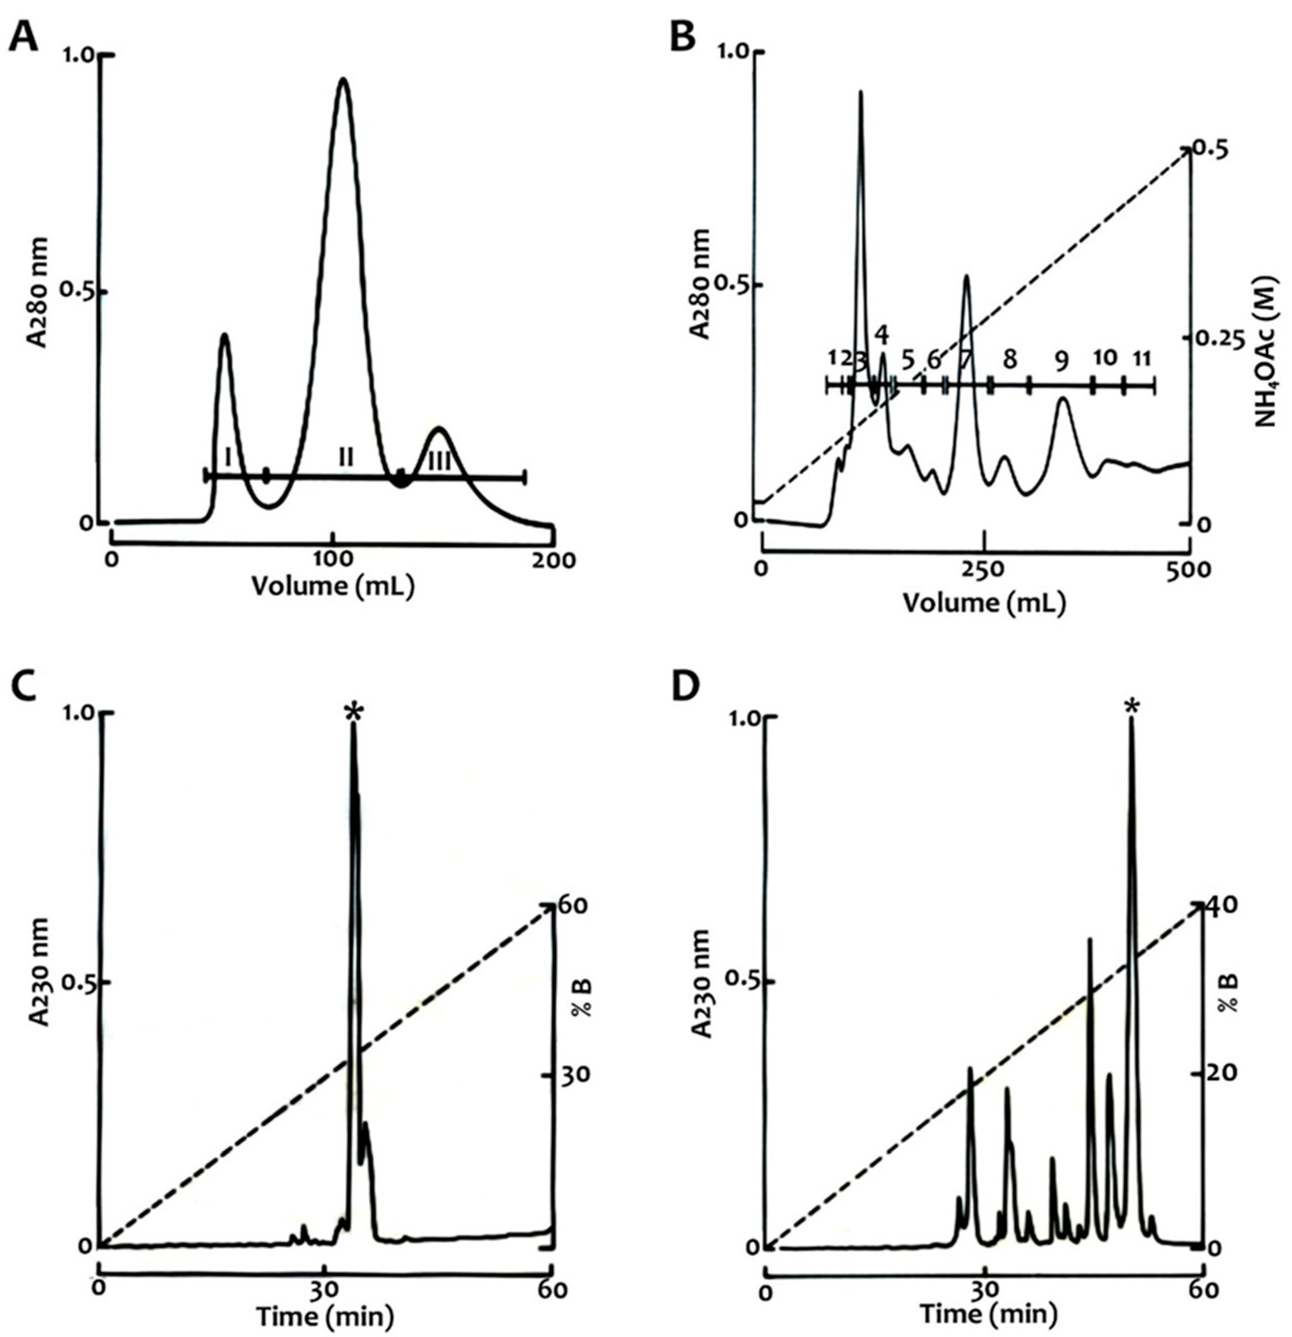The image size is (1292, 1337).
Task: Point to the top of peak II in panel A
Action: coord(343,80)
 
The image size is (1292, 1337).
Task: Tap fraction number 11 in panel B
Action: coord(1141,359)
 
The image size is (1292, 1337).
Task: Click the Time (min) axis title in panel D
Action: coord(989,1315)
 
